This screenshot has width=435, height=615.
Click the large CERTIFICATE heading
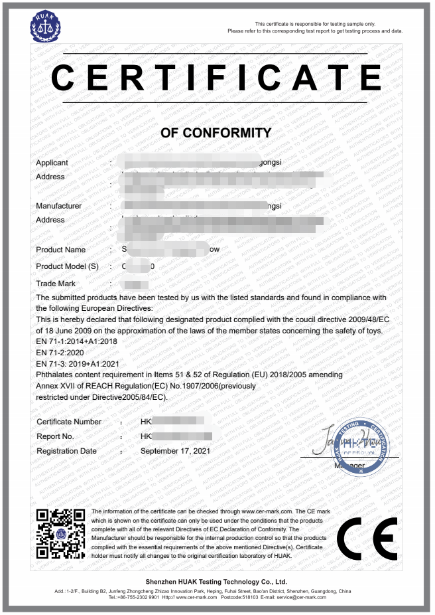coord(216,78)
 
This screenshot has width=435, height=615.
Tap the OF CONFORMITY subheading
coord(216,133)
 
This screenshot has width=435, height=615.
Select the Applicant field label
coord(52,163)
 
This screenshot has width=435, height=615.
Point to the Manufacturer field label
coord(58,206)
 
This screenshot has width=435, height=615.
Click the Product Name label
coord(60,250)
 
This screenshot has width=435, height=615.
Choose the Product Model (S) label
coord(67,266)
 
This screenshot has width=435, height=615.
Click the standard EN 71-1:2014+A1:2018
coord(76,341)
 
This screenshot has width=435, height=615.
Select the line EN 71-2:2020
coord(60,353)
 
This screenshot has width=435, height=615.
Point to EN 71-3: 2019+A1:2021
coord(78,364)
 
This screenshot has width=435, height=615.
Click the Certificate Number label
coord(69,422)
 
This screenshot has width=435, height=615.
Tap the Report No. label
coord(55,436)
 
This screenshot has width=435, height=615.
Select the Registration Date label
coord(66,451)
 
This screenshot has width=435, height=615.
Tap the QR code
coord(60,533)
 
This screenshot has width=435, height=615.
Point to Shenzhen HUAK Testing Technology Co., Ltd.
coord(216,582)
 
